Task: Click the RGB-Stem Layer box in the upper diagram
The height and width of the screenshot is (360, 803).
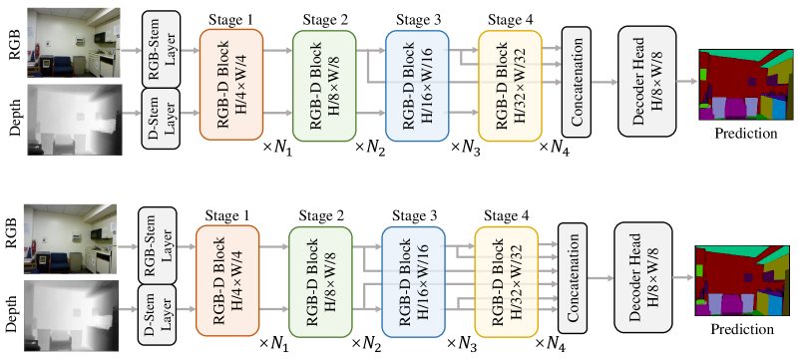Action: point(160,43)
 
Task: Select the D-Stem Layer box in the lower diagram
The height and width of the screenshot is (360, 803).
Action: point(156,308)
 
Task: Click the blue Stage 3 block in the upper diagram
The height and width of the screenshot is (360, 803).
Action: point(417,82)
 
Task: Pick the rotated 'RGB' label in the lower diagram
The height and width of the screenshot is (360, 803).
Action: point(13,238)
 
